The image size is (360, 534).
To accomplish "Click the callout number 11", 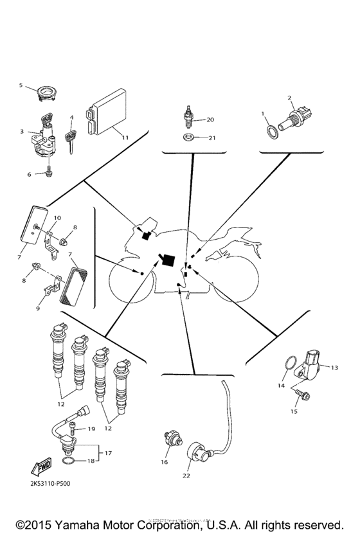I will point(125,138).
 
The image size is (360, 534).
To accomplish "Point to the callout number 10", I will point(57,218).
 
